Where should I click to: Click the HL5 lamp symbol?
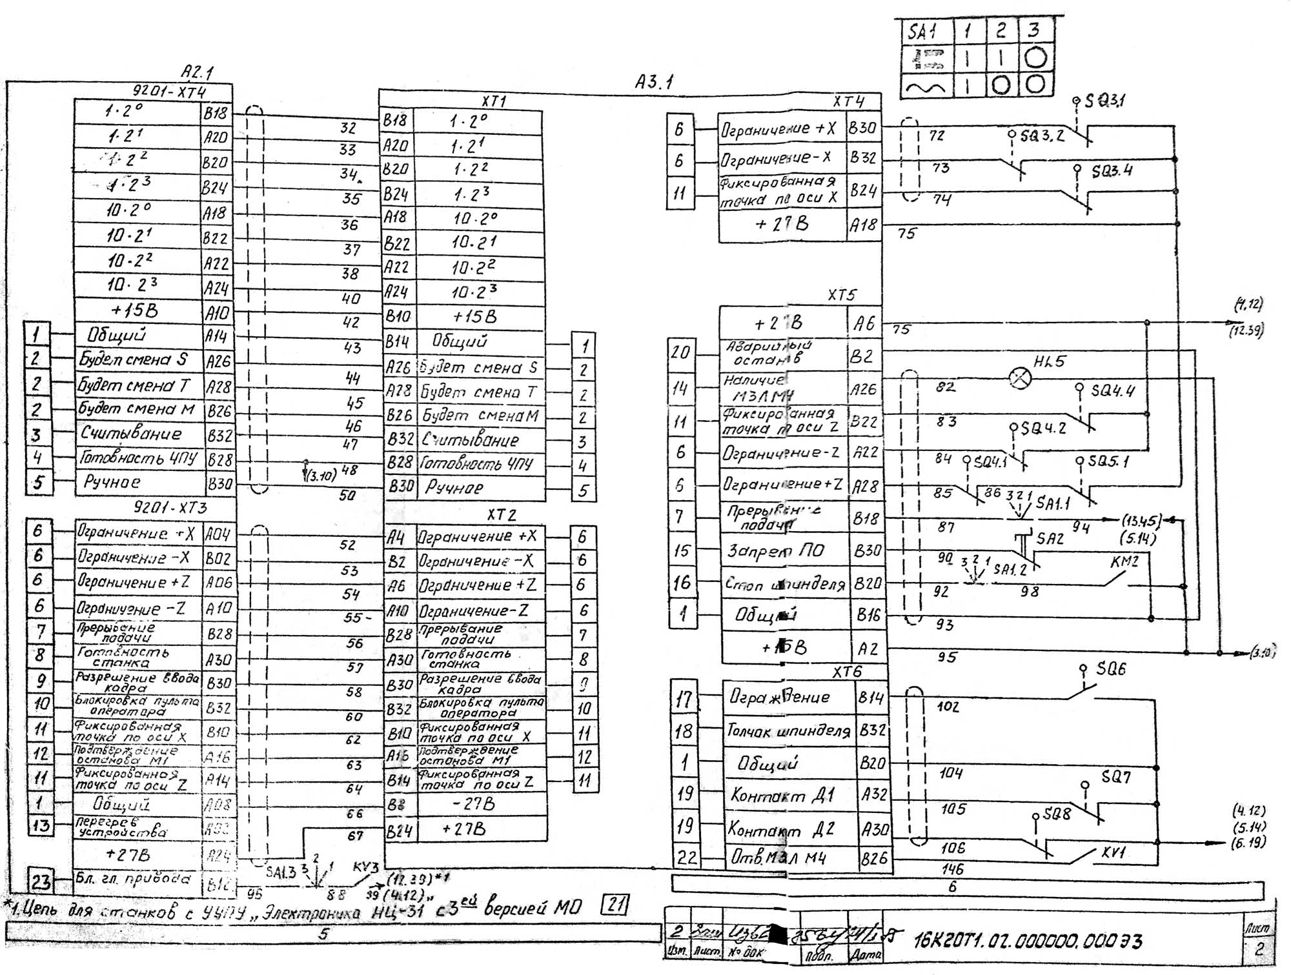pyautogui.click(x=1020, y=378)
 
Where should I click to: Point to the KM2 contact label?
pyautogui.click(x=1124, y=561)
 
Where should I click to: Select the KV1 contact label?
pyautogui.click(x=1114, y=852)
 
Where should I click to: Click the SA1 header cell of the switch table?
pyautogui.click(x=922, y=32)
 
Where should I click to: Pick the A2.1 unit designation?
pyautogui.click(x=197, y=72)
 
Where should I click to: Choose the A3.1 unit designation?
pyautogui.click(x=654, y=82)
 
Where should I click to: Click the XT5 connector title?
pyautogui.click(x=842, y=295)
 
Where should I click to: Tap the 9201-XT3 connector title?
pyautogui.click(x=170, y=507)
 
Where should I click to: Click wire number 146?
pyautogui.click(x=952, y=869)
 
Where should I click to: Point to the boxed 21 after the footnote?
pyautogui.click(x=615, y=905)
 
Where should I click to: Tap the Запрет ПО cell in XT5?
pyautogui.click(x=784, y=550)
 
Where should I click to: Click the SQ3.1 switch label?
pyautogui.click(x=1104, y=101)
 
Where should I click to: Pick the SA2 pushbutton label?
pyautogui.click(x=1050, y=538)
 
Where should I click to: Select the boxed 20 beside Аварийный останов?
pyautogui.click(x=680, y=352)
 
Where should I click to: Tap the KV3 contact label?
pyautogui.click(x=365, y=868)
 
